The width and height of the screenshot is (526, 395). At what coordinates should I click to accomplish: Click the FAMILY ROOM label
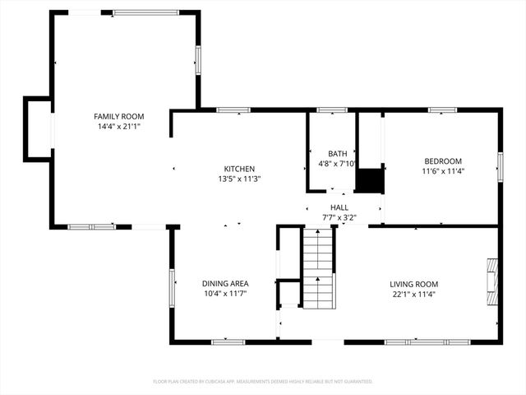pyautogui.click(x=119, y=117)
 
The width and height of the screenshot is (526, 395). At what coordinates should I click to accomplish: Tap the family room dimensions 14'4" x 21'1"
pyautogui.click(x=119, y=127)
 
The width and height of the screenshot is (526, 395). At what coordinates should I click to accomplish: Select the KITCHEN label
pyautogui.click(x=239, y=169)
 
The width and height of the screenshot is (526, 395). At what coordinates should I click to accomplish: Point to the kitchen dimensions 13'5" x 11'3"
pyautogui.click(x=239, y=179)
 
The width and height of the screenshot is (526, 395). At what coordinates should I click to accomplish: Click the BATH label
pyautogui.click(x=338, y=153)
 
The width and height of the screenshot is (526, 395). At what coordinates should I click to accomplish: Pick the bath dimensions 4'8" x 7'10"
pyautogui.click(x=338, y=163)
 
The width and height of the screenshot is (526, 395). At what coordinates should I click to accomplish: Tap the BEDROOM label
pyautogui.click(x=442, y=161)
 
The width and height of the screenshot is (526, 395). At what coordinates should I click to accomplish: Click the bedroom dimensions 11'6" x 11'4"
pyautogui.click(x=442, y=171)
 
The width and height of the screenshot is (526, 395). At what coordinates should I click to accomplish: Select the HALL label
pyautogui.click(x=339, y=207)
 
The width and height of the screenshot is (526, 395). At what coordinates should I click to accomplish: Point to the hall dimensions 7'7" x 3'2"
pyautogui.click(x=339, y=217)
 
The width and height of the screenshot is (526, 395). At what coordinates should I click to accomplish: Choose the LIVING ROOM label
pyautogui.click(x=413, y=284)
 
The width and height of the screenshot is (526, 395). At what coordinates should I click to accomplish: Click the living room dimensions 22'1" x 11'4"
pyautogui.click(x=413, y=294)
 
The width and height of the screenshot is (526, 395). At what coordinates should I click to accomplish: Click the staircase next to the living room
pyautogui.click(x=319, y=268)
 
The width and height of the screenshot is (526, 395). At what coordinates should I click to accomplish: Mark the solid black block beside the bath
pyautogui.click(x=369, y=180)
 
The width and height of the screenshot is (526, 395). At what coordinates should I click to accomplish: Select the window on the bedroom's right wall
pyautogui.click(x=499, y=165)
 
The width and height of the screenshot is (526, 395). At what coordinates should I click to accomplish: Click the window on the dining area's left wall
pyautogui.click(x=172, y=288)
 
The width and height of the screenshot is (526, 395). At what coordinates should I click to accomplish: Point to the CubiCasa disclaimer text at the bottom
pyautogui.click(x=263, y=382)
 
